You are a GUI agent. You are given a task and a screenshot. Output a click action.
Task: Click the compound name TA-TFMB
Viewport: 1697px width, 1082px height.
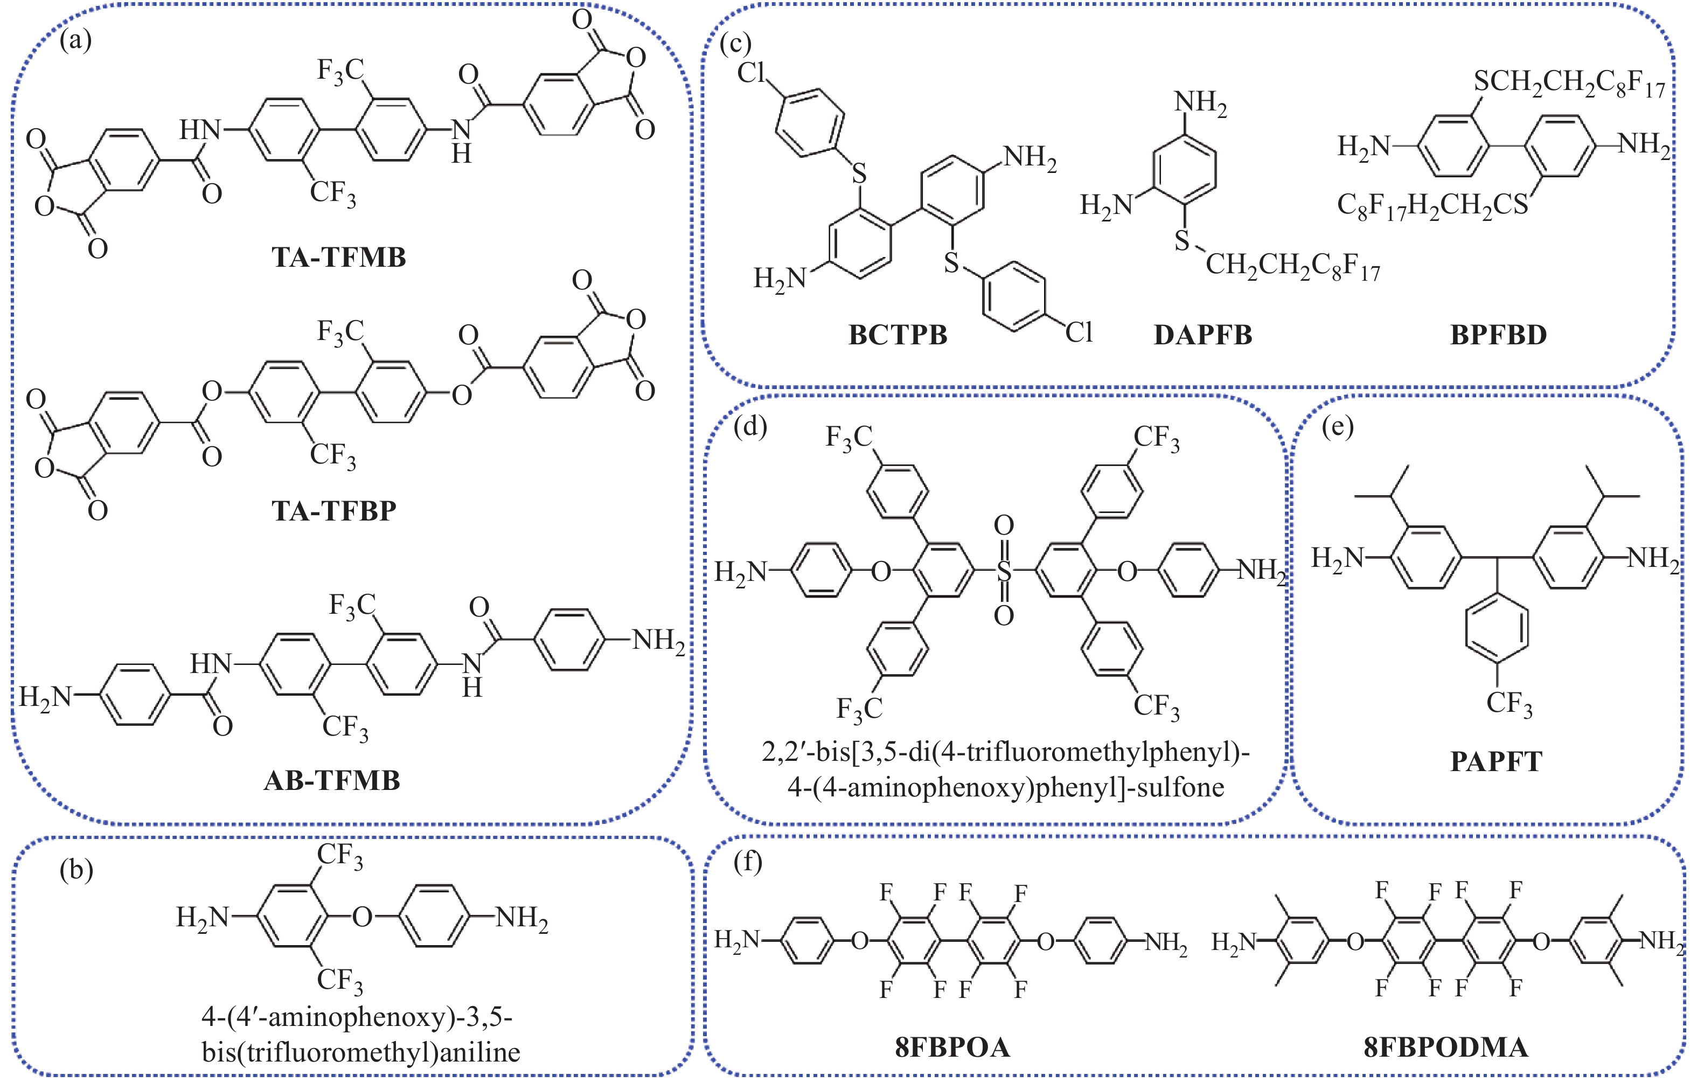(339, 257)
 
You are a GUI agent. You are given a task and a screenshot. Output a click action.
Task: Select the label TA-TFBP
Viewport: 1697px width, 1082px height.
(334, 510)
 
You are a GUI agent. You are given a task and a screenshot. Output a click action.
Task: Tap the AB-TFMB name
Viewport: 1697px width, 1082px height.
(332, 780)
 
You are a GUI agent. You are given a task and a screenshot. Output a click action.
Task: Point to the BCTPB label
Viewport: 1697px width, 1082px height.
(898, 335)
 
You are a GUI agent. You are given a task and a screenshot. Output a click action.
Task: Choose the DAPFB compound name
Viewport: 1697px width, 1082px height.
(1203, 335)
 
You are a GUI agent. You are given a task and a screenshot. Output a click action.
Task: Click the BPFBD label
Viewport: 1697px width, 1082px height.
(1498, 335)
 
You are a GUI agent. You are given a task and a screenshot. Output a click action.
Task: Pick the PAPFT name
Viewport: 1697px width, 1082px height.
(1496, 761)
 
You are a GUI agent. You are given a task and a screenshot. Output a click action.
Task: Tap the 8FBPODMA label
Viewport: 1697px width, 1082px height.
(1446, 1048)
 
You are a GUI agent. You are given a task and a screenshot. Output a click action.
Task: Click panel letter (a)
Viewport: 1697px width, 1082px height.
(75, 40)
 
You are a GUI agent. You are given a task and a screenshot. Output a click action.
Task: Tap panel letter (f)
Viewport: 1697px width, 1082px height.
(748, 862)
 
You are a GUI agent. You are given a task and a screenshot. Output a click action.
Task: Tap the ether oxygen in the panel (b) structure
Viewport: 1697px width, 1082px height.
(362, 917)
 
